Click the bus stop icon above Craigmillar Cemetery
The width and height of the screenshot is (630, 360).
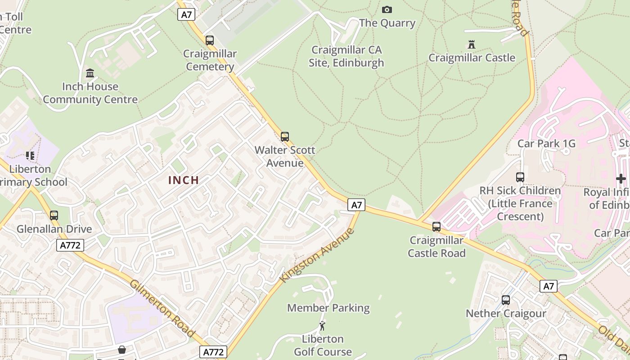[210, 40]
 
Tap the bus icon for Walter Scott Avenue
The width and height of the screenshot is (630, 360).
[284, 137]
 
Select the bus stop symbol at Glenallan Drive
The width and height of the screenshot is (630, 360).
[54, 216]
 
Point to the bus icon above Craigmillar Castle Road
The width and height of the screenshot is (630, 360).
[436, 227]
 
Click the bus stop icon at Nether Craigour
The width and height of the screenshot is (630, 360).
[506, 300]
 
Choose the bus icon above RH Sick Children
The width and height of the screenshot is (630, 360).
[520, 177]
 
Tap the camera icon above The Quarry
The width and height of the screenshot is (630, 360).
[387, 10]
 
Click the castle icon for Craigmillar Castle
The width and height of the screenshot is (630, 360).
[472, 45]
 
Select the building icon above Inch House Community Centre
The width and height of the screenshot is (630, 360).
[90, 73]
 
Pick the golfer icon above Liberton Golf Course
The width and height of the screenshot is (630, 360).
[322, 326]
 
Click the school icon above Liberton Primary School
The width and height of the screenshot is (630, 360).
[30, 156]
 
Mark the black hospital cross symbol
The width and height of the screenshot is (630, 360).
[621, 179]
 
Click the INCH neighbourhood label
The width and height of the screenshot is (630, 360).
[184, 180]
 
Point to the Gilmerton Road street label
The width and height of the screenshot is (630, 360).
[162, 309]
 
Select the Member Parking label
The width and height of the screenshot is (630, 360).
[328, 308]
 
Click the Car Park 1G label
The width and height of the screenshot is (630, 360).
[546, 144]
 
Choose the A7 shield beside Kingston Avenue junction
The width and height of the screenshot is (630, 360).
[356, 205]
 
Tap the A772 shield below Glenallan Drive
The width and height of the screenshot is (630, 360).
[70, 245]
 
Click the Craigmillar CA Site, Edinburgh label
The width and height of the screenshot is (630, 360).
[346, 56]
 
